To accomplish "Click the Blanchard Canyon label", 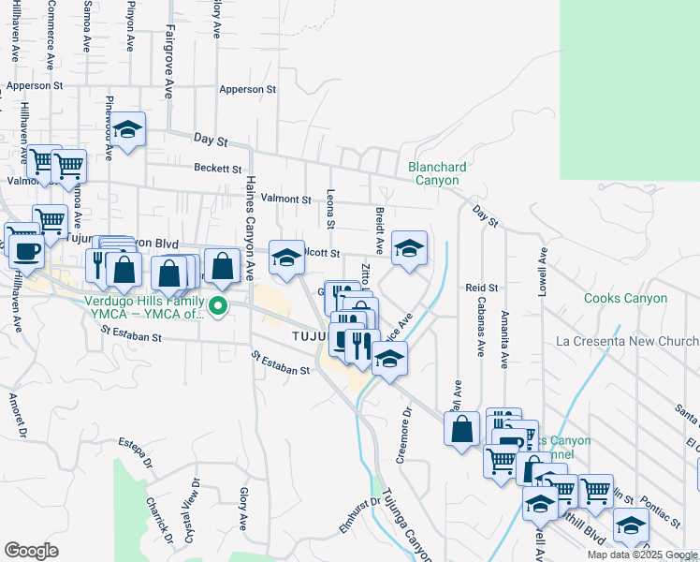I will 436,173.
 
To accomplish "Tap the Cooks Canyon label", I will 625,299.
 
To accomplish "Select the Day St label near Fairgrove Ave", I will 211,140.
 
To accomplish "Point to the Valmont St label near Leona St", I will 285,200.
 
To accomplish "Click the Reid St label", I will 482,288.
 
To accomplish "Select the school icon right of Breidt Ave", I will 409,248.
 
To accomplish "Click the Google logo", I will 31,551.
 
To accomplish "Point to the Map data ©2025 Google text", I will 641,555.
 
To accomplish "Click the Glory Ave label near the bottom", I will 243,509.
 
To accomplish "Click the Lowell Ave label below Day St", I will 541,273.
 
